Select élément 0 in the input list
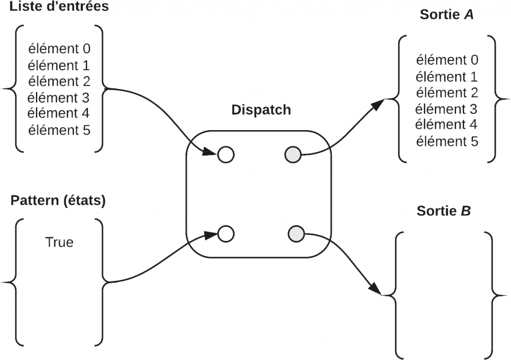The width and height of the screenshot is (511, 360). [59, 49]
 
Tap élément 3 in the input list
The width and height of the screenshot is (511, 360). [59, 97]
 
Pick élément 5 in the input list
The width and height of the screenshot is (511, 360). [59, 130]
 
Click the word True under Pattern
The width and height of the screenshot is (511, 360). [59, 242]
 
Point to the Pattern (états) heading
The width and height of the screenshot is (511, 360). [58, 201]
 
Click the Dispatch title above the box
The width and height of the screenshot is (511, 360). [261, 110]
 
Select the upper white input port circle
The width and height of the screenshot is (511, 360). [226, 155]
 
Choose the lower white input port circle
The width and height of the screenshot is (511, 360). [226, 233]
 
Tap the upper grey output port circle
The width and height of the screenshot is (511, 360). [293, 155]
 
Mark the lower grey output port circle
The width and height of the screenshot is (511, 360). [296, 233]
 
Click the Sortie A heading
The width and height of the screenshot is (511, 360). [447, 14]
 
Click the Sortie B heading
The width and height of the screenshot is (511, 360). [444, 211]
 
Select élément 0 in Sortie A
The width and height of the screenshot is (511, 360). [447, 60]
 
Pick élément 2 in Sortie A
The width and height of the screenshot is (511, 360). [447, 93]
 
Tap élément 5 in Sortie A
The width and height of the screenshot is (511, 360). [447, 141]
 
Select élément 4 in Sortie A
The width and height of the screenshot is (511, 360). [447, 125]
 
